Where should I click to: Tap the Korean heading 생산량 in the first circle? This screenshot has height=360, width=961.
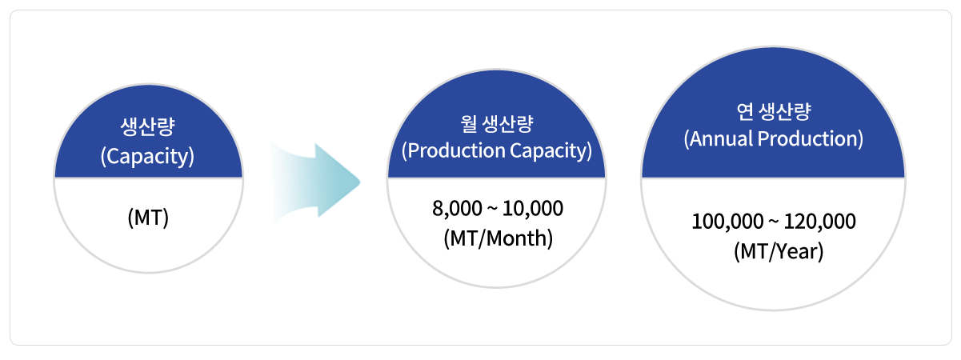[147, 126]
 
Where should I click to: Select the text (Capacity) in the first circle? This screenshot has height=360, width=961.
[147, 157]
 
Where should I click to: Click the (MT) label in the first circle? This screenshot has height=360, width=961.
[148, 218]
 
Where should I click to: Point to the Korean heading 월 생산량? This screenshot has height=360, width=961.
[497, 123]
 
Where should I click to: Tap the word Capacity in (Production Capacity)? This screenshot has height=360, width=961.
[548, 151]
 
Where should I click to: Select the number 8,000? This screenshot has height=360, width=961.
[458, 209]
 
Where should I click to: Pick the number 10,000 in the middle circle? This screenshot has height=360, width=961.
[533, 209]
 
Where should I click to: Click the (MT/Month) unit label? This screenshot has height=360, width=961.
[498, 238]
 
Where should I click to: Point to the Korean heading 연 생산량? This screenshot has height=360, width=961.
[774, 111]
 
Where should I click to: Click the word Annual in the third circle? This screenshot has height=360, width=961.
[721, 139]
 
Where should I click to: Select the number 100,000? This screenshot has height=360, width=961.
[727, 222]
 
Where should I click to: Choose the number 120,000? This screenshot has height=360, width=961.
[820, 222]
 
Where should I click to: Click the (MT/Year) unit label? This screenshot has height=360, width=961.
[779, 251]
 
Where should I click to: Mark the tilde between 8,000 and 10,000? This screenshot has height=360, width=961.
[493, 210]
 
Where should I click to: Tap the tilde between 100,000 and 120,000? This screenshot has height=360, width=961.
[774, 222]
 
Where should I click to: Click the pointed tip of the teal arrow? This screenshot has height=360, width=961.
[360, 182]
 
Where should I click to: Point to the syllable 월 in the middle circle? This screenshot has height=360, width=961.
[468, 123]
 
